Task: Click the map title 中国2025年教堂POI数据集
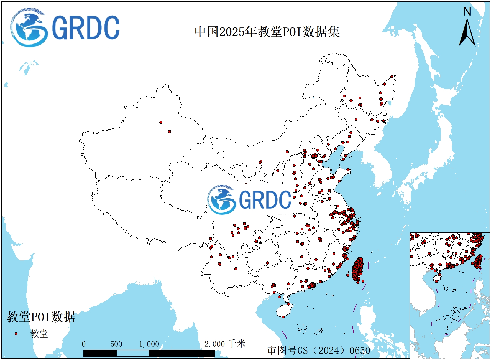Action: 267,32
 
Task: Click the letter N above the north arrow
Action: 467,12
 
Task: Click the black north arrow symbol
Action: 467,33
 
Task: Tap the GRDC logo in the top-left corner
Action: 65,27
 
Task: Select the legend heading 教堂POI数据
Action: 41,317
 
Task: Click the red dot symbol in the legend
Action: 16,334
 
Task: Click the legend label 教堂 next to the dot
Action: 39,334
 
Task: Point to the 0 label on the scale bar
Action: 84,344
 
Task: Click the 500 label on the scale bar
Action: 116,344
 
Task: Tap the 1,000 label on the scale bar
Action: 149,344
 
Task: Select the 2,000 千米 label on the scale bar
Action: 225,344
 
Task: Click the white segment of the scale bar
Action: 132,353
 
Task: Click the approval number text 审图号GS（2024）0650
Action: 319,351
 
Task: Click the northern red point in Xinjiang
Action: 161,122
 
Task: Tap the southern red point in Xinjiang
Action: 170,132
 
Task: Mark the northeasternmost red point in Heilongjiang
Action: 392,77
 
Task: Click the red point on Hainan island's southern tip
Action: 283,317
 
